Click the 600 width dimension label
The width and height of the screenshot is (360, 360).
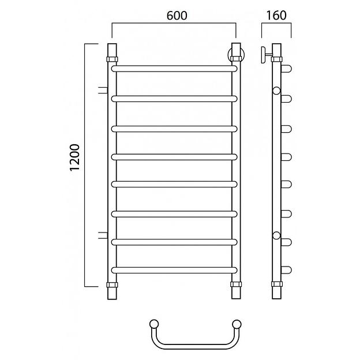click(177, 16)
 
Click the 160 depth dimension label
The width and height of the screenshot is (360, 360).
click(276, 16)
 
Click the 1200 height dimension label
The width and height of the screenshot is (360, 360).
click(75, 157)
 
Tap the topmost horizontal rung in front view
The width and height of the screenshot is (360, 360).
click(174, 69)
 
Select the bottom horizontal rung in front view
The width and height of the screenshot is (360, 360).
click(174, 270)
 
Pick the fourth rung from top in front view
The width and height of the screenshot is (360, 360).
click(174, 157)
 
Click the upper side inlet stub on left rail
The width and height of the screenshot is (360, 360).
click(103, 90)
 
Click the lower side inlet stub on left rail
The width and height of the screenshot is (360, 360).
click(103, 235)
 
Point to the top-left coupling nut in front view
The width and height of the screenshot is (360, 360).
click(112, 59)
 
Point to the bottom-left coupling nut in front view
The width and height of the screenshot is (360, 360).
click(112, 284)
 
